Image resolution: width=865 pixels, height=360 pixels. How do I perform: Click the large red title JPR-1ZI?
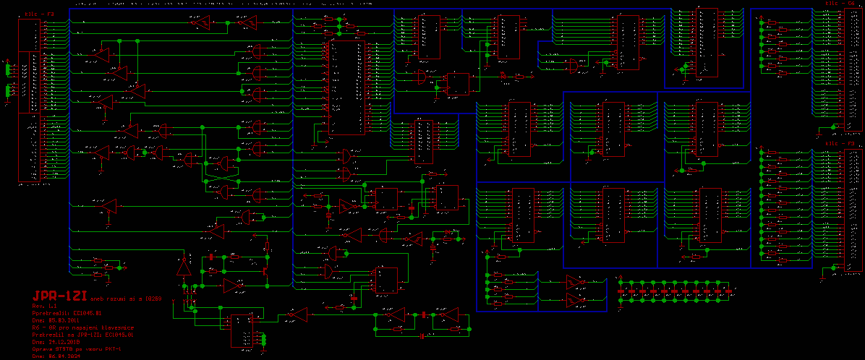[59, 296]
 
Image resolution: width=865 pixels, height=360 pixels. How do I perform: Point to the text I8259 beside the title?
[153, 299]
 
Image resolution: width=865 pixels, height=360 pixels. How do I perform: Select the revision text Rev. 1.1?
[45, 306]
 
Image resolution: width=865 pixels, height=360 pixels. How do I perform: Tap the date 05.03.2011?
[63, 320]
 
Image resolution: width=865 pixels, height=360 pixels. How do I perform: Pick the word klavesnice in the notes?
[117, 327]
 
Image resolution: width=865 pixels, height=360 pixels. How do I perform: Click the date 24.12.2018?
[63, 341]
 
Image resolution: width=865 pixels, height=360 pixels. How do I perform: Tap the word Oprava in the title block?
[42, 348]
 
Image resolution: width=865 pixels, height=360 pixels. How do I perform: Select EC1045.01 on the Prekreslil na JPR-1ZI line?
[119, 334]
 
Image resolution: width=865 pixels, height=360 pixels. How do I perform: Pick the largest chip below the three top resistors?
[346, 87]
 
